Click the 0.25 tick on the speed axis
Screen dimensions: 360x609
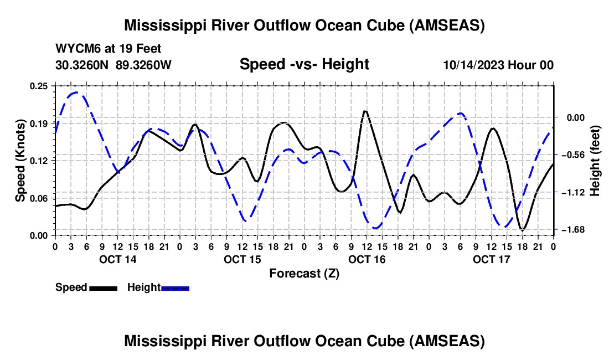[x=40, y=86]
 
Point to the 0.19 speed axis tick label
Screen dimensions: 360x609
[x=40, y=123]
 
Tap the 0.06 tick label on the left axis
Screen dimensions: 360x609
[x=40, y=198]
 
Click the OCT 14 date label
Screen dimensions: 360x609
[x=117, y=259]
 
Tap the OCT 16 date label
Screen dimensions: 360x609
[x=367, y=259]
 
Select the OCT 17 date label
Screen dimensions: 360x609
[x=491, y=259]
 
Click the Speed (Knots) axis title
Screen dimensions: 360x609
[x=20, y=161]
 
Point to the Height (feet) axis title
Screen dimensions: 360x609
[x=596, y=161]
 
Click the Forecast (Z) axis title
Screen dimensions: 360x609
[x=304, y=273]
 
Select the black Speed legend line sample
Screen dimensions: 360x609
[x=102, y=288]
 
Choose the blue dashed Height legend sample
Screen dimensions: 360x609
[x=175, y=288]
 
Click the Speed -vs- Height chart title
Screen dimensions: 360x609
[x=304, y=65]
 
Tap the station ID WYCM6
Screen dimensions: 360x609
[x=74, y=49]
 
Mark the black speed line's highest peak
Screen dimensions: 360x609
[x=365, y=111]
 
